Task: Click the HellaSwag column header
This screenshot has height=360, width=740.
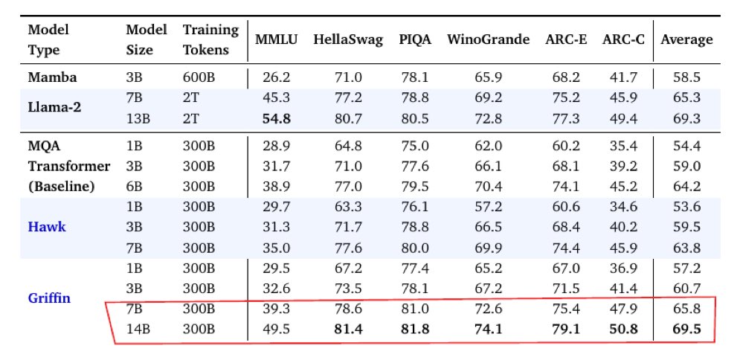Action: point(348,39)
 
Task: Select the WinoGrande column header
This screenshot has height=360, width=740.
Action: point(488,39)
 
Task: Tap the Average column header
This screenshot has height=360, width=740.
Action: point(686,39)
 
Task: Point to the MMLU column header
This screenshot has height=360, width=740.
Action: point(277,39)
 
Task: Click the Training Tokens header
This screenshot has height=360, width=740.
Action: point(210,39)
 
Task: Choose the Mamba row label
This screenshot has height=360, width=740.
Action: point(52,77)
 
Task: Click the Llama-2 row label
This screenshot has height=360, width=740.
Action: point(54,108)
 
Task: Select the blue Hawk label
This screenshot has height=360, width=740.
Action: point(47,227)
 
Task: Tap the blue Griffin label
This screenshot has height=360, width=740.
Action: point(49,298)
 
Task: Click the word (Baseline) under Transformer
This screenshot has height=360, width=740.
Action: point(61,187)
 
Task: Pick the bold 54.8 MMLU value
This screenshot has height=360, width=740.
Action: point(277,118)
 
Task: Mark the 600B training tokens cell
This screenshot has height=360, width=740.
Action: point(199,77)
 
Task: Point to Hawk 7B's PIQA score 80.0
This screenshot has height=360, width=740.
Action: point(415,248)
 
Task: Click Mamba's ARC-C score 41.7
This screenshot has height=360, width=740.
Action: point(623,77)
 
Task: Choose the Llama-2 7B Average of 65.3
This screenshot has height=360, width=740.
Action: point(686,98)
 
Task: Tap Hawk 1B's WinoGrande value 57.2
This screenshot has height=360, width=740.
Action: point(488,207)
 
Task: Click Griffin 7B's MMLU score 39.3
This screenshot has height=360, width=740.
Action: point(277,309)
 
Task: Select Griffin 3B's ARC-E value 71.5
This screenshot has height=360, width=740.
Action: point(566,289)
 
